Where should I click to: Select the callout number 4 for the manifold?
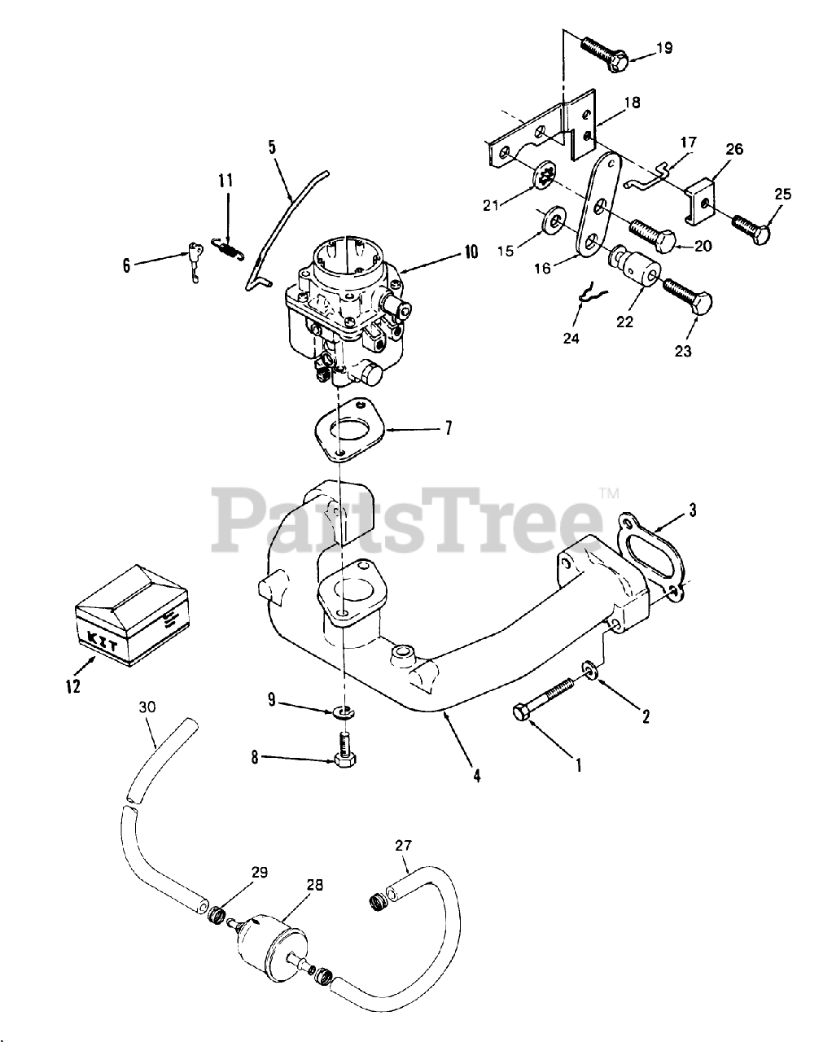[x=476, y=776]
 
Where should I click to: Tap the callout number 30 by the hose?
[x=147, y=707]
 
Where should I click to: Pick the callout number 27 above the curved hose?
[x=404, y=845]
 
